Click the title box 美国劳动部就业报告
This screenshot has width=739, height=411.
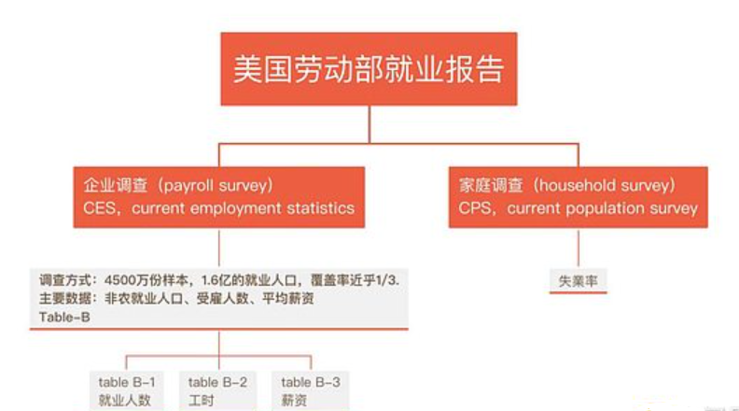[x=369, y=69]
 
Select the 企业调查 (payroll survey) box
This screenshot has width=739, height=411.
[x=218, y=197]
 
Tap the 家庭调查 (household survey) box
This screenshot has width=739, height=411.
[x=579, y=197]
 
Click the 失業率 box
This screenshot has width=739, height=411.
[x=579, y=281]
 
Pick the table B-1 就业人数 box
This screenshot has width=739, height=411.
[x=126, y=390]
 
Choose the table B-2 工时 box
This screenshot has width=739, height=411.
[x=217, y=390]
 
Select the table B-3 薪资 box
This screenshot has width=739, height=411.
[x=310, y=390]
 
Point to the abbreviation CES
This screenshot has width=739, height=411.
[x=99, y=208]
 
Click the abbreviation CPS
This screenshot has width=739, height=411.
[x=474, y=208]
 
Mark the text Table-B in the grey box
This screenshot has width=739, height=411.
[x=64, y=317]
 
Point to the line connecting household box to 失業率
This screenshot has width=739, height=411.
[x=579, y=248]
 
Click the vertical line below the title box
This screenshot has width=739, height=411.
[x=369, y=124]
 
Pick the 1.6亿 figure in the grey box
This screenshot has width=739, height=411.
[x=216, y=280]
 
